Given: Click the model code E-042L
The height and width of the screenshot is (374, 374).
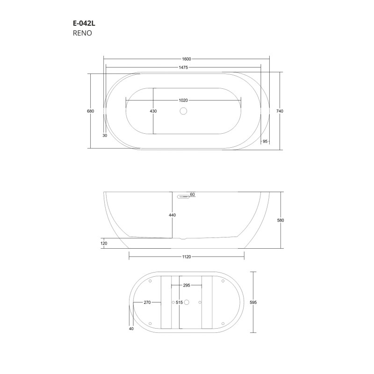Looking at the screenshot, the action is pos(84,23).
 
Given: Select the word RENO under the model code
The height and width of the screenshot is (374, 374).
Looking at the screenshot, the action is pos(82,33).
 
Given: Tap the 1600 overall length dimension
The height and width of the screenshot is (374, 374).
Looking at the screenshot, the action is pos(187,59).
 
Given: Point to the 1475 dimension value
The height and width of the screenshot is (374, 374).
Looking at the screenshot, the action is pos(183,67).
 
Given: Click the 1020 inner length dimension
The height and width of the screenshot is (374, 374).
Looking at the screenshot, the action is pos(183,101).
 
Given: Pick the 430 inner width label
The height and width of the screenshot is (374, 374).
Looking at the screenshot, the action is pos(153,111).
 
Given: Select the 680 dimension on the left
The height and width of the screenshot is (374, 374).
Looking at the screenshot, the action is pos(91,111).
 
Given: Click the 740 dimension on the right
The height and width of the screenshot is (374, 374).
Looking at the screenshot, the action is pos(280,111).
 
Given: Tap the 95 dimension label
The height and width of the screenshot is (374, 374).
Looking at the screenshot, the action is pos(265,142).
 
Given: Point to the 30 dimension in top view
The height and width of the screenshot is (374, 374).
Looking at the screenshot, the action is pos(105,136).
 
